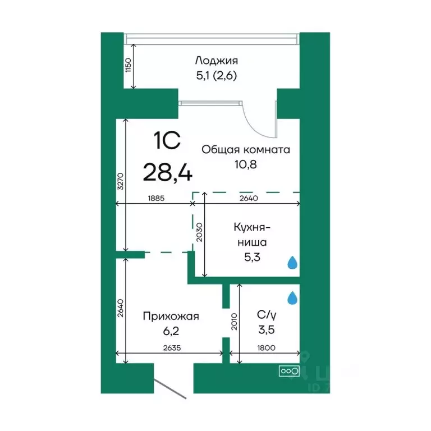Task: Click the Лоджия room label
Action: click(217, 61)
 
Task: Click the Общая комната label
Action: click(245, 150)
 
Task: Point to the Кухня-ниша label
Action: click(252, 235)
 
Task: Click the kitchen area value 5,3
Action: click(252, 258)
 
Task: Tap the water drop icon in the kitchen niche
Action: click(292, 263)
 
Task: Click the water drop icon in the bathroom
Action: click(292, 298)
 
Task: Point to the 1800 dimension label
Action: click(267, 347)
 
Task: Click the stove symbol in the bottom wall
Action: click(289, 371)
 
